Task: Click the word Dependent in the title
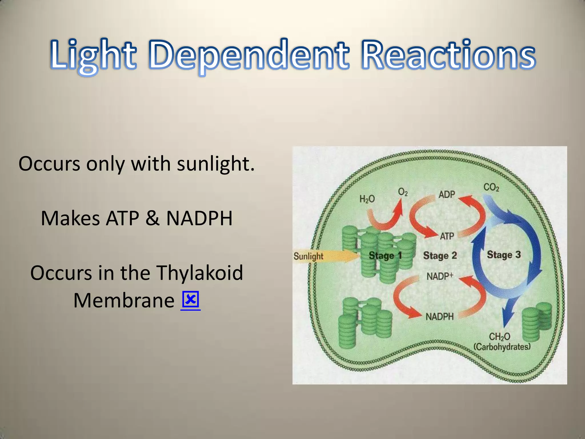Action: pos(249,55)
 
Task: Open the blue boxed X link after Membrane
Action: pos(191,301)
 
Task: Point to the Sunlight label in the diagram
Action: pos(308,256)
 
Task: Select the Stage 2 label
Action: pos(440,255)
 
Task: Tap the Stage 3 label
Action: pos(504,254)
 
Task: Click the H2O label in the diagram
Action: pos(367,199)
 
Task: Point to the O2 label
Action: pos(403,192)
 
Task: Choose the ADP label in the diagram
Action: pos(446,195)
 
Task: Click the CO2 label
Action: pos(491,187)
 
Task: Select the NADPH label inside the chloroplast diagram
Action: pos(440,317)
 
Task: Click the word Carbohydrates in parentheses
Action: pos(502,347)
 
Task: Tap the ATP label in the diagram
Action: pos(447,236)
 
